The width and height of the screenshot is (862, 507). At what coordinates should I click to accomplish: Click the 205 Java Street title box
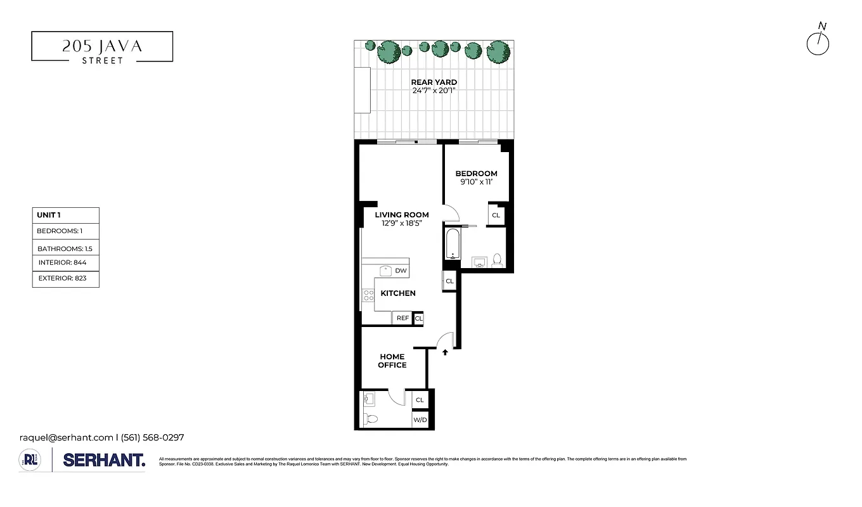pyautogui.click(x=102, y=47)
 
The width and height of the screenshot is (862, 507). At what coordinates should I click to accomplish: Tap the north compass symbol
pyautogui.click(x=818, y=43)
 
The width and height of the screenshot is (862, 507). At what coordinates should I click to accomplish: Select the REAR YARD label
pyautogui.click(x=434, y=82)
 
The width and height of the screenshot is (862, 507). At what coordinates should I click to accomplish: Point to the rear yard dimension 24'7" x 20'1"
pyautogui.click(x=434, y=91)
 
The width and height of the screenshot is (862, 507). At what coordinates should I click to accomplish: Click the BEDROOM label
pyautogui.click(x=476, y=174)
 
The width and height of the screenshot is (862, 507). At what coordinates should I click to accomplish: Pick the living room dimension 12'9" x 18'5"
pyautogui.click(x=402, y=223)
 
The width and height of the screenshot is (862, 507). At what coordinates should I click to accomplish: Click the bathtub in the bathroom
pyautogui.click(x=453, y=245)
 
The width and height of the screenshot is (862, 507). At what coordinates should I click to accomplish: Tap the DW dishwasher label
pyautogui.click(x=400, y=271)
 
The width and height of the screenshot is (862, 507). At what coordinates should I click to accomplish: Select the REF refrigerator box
pyautogui.click(x=402, y=318)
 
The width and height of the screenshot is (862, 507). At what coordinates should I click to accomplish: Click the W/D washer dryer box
pyautogui.click(x=420, y=420)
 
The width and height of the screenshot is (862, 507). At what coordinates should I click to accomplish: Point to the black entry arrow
pyautogui.click(x=445, y=352)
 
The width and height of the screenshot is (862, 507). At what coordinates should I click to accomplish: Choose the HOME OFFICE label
pyautogui.click(x=392, y=361)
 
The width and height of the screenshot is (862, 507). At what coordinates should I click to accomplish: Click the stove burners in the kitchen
pyautogui.click(x=368, y=295)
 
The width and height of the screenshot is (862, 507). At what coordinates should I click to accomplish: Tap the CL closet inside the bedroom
pyautogui.click(x=496, y=215)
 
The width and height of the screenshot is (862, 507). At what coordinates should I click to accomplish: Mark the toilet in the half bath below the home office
pyautogui.click(x=371, y=419)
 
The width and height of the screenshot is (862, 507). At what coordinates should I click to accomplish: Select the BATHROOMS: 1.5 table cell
pyautogui.click(x=66, y=249)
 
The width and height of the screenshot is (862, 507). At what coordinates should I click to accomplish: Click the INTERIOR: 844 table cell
pyautogui.click(x=66, y=262)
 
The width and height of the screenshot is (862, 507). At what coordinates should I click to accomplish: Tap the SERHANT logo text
pyautogui.click(x=104, y=461)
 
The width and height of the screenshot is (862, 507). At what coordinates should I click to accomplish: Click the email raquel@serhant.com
pyautogui.click(x=65, y=437)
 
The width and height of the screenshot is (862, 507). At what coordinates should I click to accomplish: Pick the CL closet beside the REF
pyautogui.click(x=419, y=318)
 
